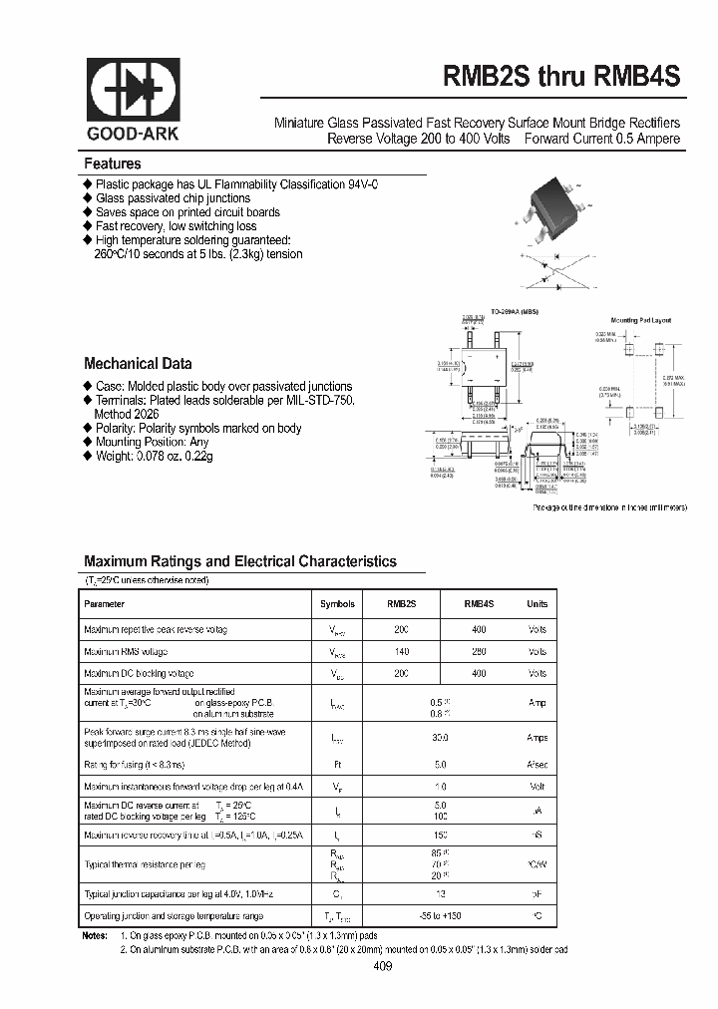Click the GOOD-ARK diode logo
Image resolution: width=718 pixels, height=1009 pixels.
[x=133, y=92]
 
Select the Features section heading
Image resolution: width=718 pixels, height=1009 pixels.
[x=112, y=164]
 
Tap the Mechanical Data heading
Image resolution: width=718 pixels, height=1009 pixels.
[x=138, y=364]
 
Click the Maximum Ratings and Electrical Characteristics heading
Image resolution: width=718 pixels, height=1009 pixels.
[x=239, y=561]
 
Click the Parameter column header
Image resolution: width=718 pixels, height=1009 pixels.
[x=105, y=604]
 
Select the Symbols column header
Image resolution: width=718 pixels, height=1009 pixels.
[x=337, y=604]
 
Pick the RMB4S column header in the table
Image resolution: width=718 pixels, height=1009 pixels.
[x=479, y=604]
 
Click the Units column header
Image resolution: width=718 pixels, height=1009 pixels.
[x=537, y=604]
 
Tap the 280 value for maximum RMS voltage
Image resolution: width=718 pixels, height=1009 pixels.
[x=479, y=651]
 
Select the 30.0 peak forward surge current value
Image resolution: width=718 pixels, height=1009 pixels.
[x=439, y=739]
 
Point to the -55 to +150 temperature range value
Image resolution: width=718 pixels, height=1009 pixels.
[x=439, y=915]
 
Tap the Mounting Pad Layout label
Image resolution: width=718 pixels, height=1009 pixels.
[x=641, y=320]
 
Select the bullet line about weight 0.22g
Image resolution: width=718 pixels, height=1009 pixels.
[x=154, y=456]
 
